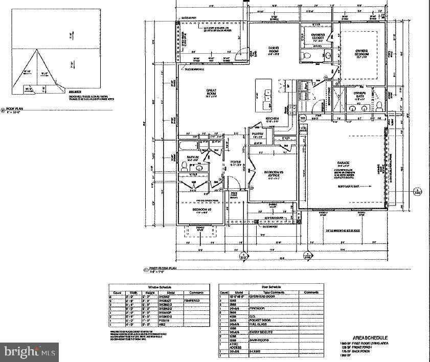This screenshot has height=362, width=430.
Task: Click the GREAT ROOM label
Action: [x=212, y=93]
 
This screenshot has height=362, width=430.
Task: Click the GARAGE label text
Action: [x=343, y=165]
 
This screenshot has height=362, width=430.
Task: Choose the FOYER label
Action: [x=236, y=164]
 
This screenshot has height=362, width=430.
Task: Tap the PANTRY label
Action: [x=257, y=134]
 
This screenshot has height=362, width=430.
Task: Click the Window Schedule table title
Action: [x=159, y=287]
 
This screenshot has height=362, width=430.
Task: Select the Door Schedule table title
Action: [x=271, y=287]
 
